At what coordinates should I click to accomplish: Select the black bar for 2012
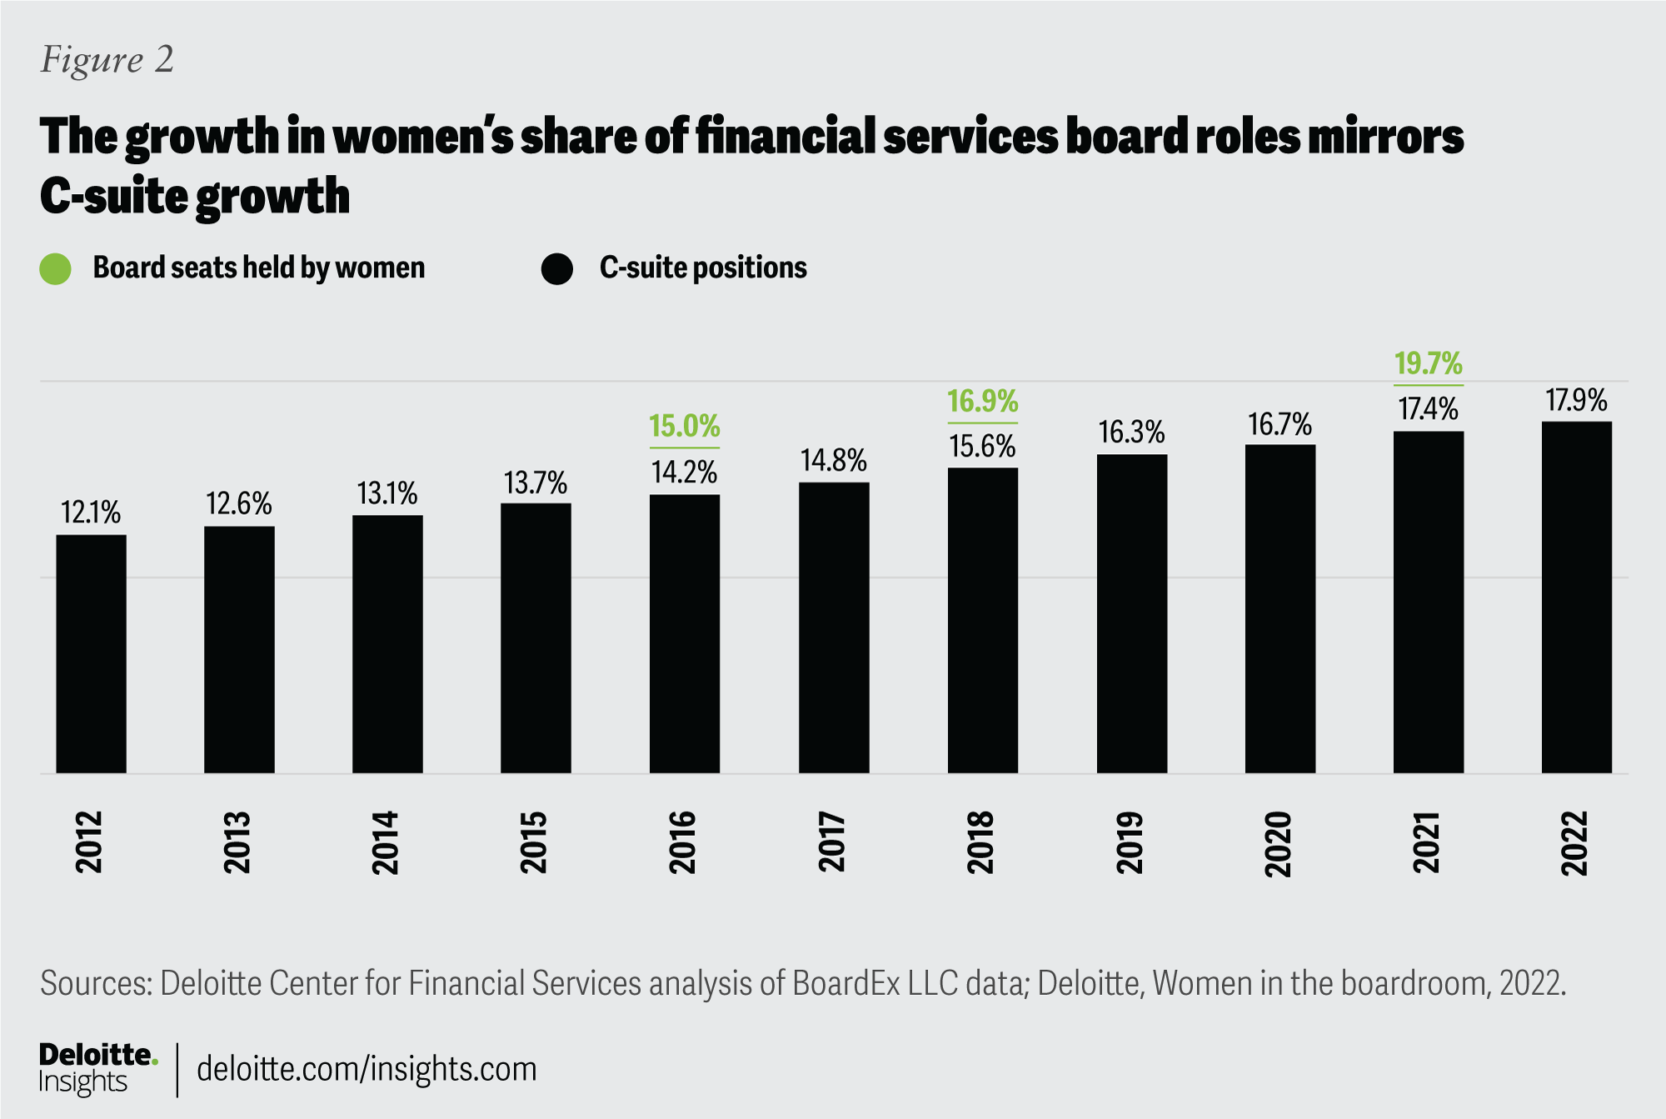pos(91,654)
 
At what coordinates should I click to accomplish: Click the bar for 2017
pos(834,627)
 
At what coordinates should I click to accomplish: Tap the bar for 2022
pos(1577,597)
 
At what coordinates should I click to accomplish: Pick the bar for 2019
pos(1131,614)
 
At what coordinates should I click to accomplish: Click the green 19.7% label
pos(1429,364)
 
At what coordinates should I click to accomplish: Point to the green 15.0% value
pos(685,427)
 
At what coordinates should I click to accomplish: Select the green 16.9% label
pos(983,402)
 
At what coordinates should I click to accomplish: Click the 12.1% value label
pos(91,512)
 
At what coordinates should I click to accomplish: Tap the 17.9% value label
pos(1577,401)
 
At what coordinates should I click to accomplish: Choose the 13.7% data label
pos(536,482)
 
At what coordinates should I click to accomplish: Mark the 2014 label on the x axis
pos(386,842)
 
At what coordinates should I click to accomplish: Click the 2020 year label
pos(1278,843)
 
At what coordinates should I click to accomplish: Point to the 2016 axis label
pos(683,842)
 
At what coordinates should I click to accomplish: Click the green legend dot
pos(56,268)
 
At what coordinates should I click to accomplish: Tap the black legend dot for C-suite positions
pos(556,268)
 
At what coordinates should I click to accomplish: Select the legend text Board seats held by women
pos(259,267)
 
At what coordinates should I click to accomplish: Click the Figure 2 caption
pos(107,60)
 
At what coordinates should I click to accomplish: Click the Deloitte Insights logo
pos(97,1068)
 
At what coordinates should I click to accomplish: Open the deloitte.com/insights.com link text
pos(367,1069)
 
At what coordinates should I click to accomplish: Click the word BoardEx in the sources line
pos(846,984)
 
